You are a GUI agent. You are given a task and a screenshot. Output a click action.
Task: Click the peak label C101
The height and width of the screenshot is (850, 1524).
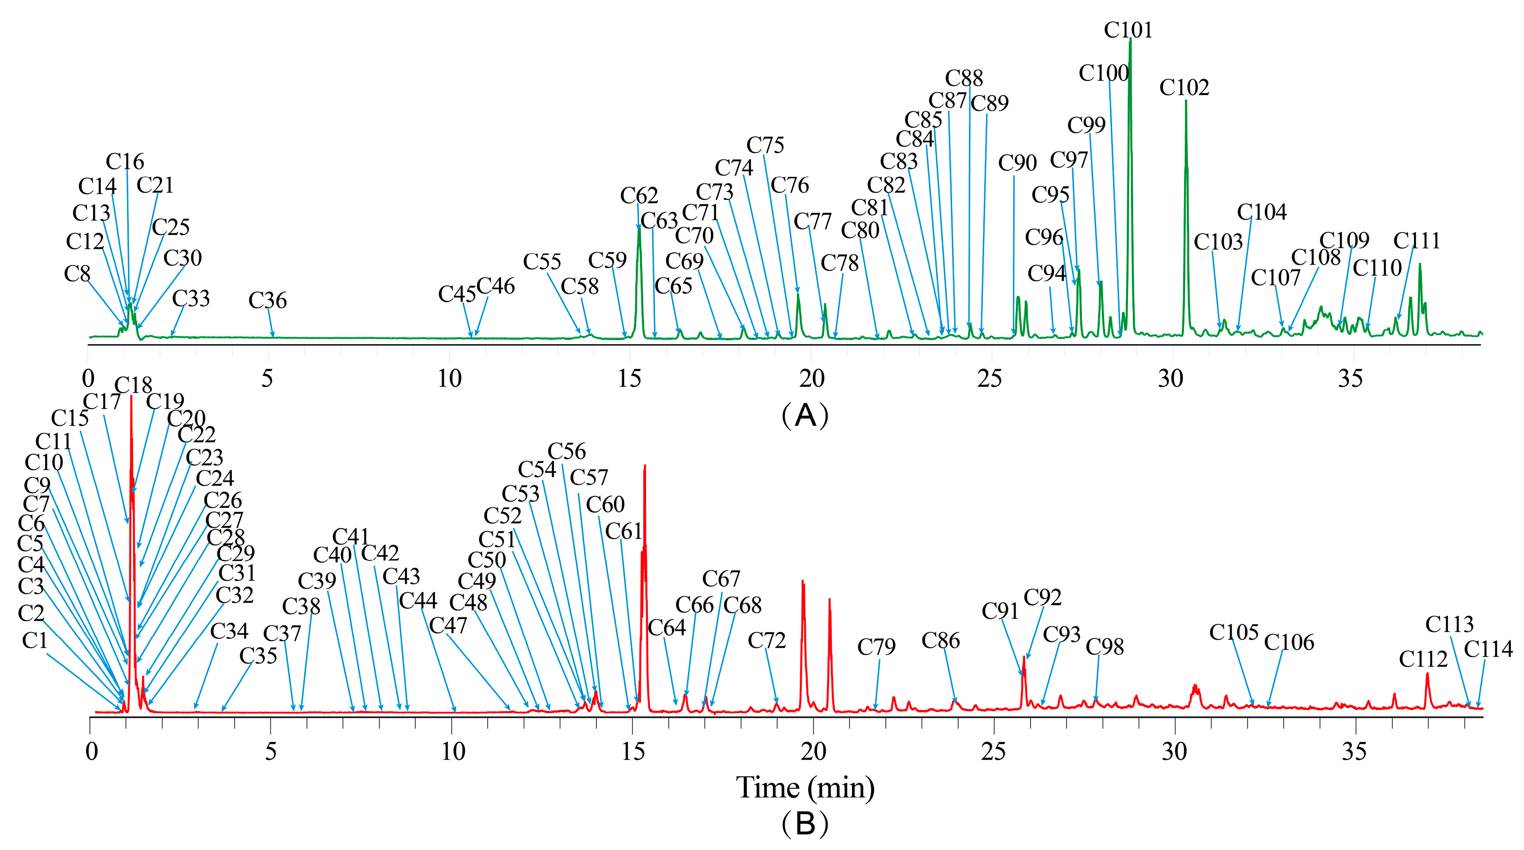point(1128,30)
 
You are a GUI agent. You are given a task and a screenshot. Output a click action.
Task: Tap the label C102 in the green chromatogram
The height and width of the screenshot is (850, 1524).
point(1184,87)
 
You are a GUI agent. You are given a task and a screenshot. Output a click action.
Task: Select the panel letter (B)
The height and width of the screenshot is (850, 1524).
point(805,823)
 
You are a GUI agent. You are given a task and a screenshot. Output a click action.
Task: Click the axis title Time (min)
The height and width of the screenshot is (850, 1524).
point(805,788)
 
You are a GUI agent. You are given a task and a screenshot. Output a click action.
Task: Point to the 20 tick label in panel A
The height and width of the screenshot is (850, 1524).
point(811,378)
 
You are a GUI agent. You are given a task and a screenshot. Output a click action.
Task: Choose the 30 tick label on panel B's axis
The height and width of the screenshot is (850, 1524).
point(1174,751)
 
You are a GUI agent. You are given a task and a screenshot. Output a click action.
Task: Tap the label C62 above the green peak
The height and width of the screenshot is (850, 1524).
point(639,195)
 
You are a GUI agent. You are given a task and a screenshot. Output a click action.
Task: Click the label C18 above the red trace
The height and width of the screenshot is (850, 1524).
point(133,386)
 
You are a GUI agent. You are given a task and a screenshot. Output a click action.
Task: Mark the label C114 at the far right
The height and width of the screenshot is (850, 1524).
point(1488,649)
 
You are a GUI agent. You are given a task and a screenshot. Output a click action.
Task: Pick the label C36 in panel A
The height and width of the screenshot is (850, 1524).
point(268,300)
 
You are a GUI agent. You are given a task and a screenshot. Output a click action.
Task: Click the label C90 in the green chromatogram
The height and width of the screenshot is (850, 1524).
point(1017,163)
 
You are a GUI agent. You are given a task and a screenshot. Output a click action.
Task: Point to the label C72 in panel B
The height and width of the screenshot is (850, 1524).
point(767,641)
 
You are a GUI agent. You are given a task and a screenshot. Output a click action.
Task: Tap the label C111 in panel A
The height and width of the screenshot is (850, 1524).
point(1416,241)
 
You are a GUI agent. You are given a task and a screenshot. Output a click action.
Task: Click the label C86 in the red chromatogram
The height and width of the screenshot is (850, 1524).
point(940,641)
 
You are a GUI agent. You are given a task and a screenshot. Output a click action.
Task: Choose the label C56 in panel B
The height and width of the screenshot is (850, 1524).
point(566,451)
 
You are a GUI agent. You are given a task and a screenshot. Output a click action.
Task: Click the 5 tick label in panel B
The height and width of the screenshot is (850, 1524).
point(270,751)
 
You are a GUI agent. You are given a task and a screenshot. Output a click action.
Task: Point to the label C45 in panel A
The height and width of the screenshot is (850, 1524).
point(457,294)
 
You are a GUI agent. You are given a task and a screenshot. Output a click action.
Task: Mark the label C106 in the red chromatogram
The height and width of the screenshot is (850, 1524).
point(1288,642)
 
